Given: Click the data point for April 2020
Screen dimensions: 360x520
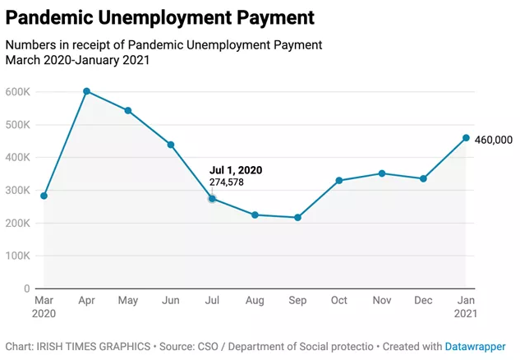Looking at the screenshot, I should tap(86, 91).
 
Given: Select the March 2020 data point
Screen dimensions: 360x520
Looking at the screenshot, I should tap(44, 196).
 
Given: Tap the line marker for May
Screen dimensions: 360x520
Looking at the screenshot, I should tap(128, 110).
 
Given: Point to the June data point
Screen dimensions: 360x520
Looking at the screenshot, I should tap(170, 145).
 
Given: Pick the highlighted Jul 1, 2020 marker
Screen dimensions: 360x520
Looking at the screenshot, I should tap(212, 199).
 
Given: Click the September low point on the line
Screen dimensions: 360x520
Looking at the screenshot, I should tap(297, 218).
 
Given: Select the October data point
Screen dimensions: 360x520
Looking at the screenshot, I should tap(339, 180).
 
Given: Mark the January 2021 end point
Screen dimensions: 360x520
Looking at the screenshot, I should tap(466, 138).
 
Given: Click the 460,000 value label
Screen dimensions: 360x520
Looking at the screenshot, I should tap(493, 140).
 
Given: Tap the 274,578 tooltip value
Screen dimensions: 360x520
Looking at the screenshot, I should tap(226, 182).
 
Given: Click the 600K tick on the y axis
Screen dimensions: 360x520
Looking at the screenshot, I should tap(17, 92).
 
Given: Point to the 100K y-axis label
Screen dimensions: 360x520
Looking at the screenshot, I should tap(17, 256).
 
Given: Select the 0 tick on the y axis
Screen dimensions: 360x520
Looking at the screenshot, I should tap(27, 289).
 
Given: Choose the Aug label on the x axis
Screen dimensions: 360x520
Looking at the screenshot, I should tap(255, 302).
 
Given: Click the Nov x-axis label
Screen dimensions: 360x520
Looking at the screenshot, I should tap(381, 302).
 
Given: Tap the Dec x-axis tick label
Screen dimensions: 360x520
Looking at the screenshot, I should tap(424, 302).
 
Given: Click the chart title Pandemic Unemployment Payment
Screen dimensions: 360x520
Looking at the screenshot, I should tap(159, 16).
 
